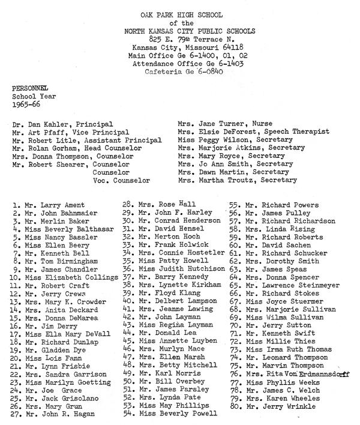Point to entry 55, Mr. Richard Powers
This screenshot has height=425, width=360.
[x=270, y=203]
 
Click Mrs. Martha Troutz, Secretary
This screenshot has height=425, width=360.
[x=237, y=179]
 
